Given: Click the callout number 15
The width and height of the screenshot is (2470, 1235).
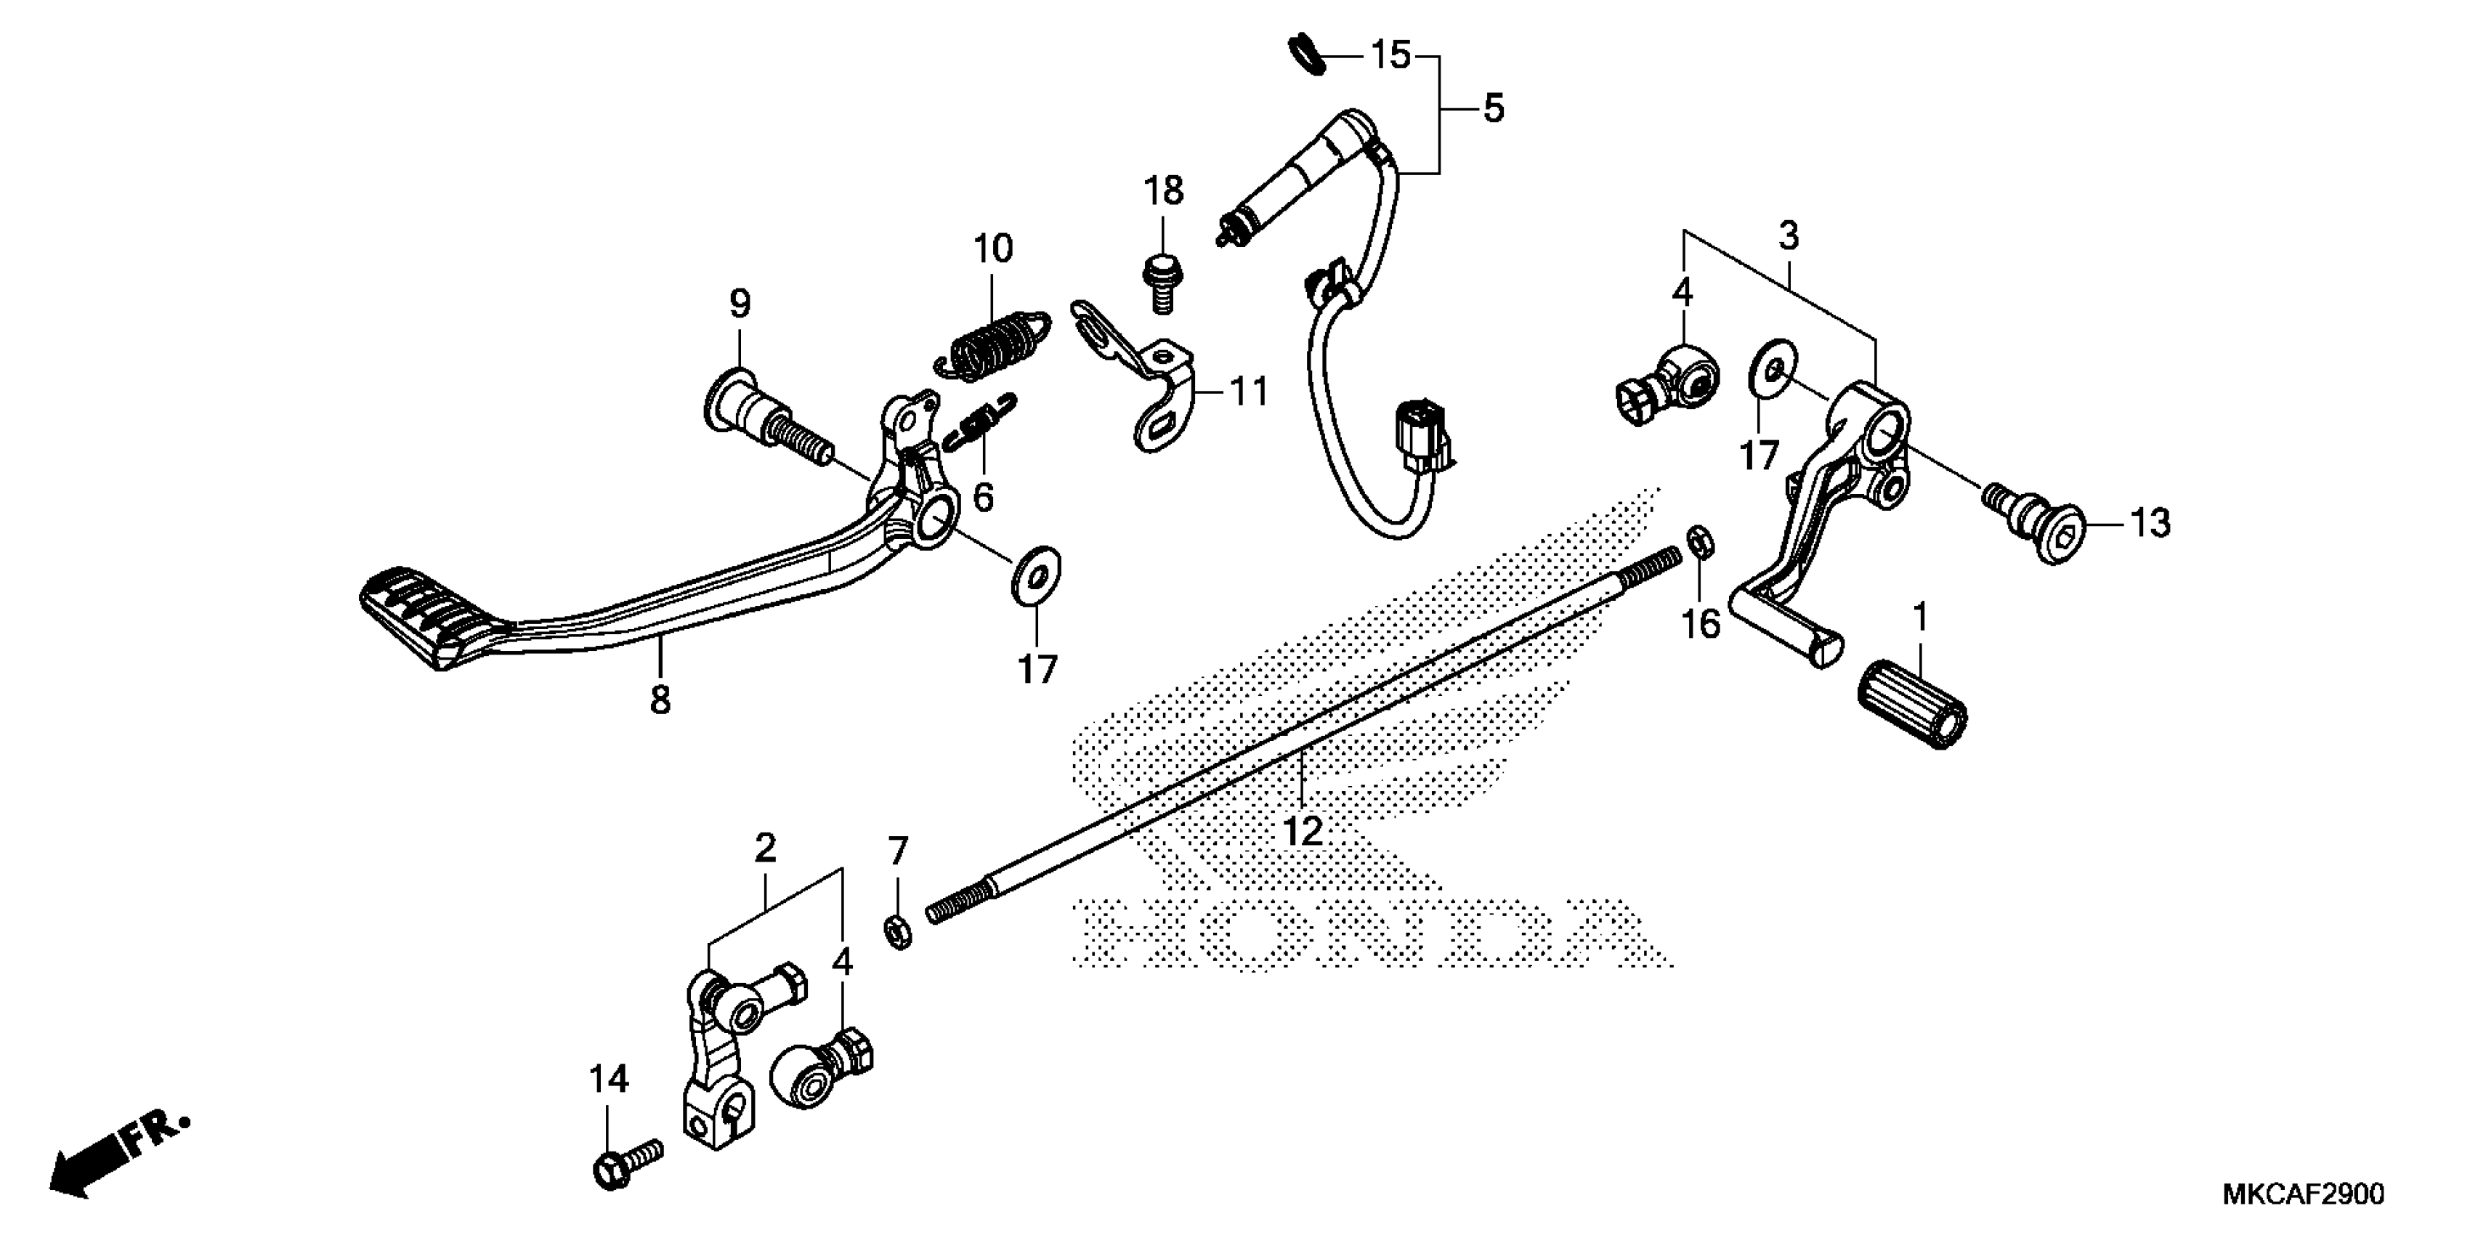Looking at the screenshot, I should [x=1389, y=56].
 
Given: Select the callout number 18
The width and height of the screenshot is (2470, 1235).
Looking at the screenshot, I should [x=1163, y=192].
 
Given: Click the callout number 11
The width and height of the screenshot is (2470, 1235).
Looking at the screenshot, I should [x=1248, y=392].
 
